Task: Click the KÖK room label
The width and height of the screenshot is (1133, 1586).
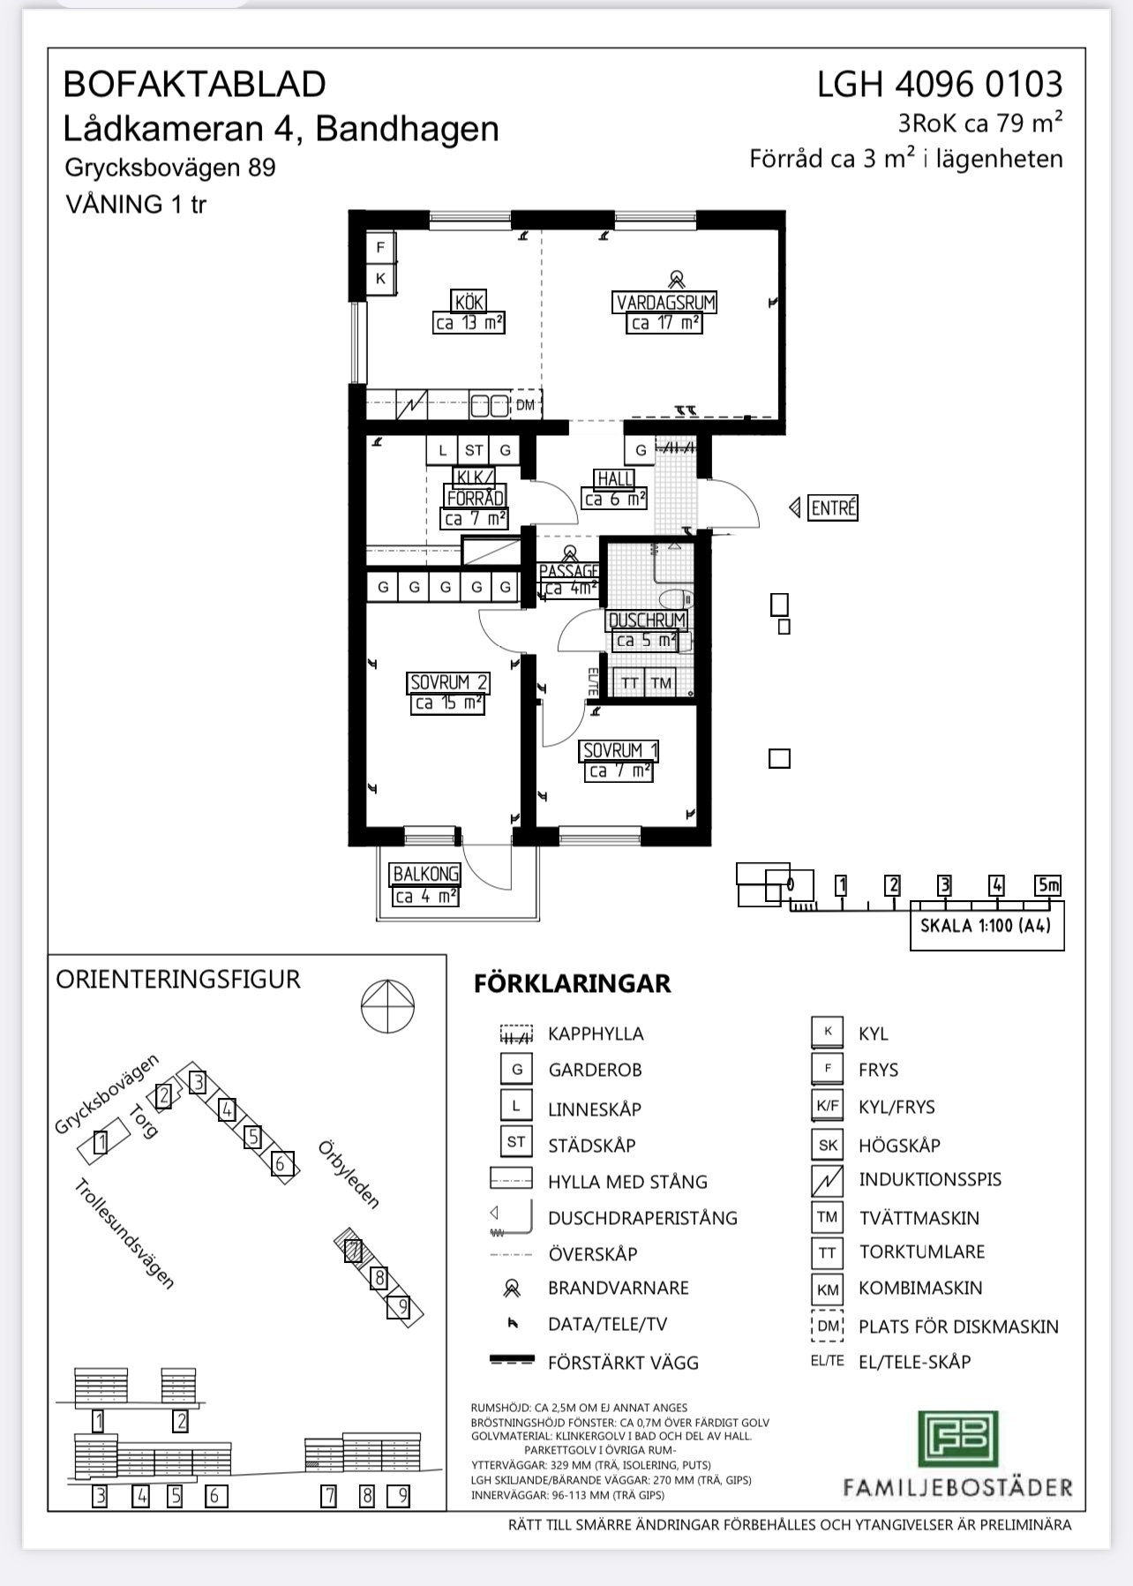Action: [x=469, y=302]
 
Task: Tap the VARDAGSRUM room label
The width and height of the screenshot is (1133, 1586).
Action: [x=665, y=303]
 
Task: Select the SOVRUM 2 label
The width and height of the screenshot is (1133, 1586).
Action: [x=449, y=682]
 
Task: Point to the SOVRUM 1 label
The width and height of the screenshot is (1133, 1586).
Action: [x=620, y=750]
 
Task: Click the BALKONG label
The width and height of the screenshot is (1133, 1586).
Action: [x=426, y=874]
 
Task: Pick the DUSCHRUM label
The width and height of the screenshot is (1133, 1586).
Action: [x=647, y=620]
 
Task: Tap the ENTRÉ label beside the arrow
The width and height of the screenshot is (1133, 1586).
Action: [x=833, y=508]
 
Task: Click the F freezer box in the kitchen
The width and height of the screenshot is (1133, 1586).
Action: [x=381, y=247]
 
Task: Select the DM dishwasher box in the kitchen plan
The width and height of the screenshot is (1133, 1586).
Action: [x=526, y=405]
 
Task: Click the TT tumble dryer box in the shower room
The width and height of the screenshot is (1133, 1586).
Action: [x=630, y=682]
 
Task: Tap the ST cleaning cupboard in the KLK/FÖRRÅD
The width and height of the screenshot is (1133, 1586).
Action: [x=474, y=450]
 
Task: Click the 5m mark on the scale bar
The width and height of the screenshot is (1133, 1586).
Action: [x=1048, y=884]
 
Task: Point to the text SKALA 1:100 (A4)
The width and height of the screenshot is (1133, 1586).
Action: [x=986, y=927]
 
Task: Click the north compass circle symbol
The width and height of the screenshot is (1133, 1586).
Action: [x=387, y=1007]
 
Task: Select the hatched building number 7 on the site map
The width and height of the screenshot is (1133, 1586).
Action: [x=354, y=1251]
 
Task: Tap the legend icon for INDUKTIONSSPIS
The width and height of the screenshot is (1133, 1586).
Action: [x=827, y=1181]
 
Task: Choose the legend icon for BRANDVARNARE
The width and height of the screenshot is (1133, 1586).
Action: [x=511, y=1289]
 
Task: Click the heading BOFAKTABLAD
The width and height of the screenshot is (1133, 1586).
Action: [x=195, y=85]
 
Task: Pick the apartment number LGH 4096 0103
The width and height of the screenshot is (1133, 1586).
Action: [x=940, y=85]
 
